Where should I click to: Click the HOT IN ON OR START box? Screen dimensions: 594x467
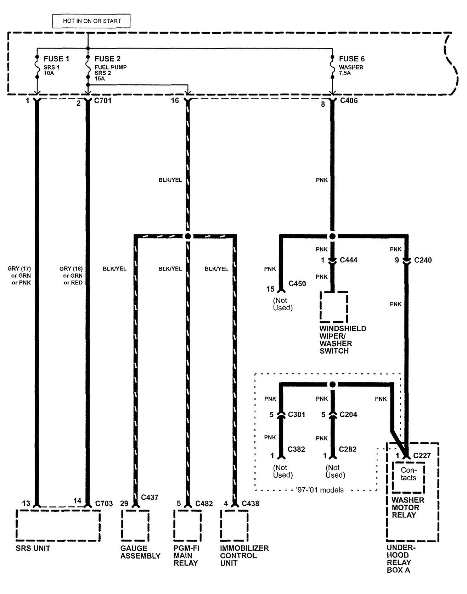91,21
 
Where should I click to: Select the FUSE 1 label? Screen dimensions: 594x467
56,59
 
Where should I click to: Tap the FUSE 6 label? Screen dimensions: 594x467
351,59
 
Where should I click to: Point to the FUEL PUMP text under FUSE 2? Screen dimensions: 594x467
111,67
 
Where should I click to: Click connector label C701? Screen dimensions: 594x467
103,101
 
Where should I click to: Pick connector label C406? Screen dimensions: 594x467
349,101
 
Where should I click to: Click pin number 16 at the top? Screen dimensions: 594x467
175,101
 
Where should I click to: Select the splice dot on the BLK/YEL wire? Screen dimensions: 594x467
188,236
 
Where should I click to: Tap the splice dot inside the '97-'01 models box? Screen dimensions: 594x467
332,384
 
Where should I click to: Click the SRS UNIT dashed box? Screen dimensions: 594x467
58,525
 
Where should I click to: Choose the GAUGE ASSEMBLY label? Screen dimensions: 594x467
140,552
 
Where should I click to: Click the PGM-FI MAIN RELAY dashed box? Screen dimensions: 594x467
187,525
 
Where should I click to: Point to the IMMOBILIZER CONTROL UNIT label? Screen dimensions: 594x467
244,556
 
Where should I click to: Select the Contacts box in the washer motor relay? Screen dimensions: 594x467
408,474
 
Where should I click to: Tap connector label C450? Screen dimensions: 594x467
297,284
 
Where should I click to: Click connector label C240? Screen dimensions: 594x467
423,260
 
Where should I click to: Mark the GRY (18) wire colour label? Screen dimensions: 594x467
71,269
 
